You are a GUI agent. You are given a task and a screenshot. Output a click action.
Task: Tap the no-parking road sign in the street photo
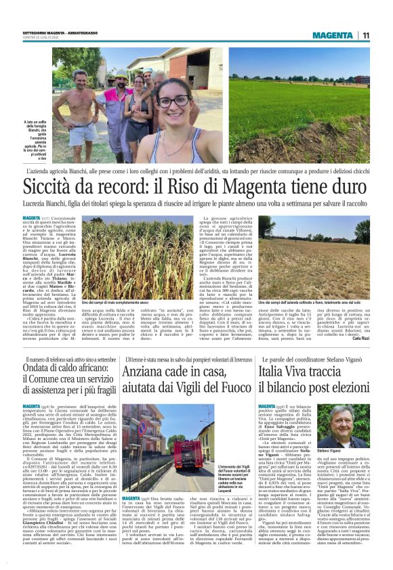[141, 428]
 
